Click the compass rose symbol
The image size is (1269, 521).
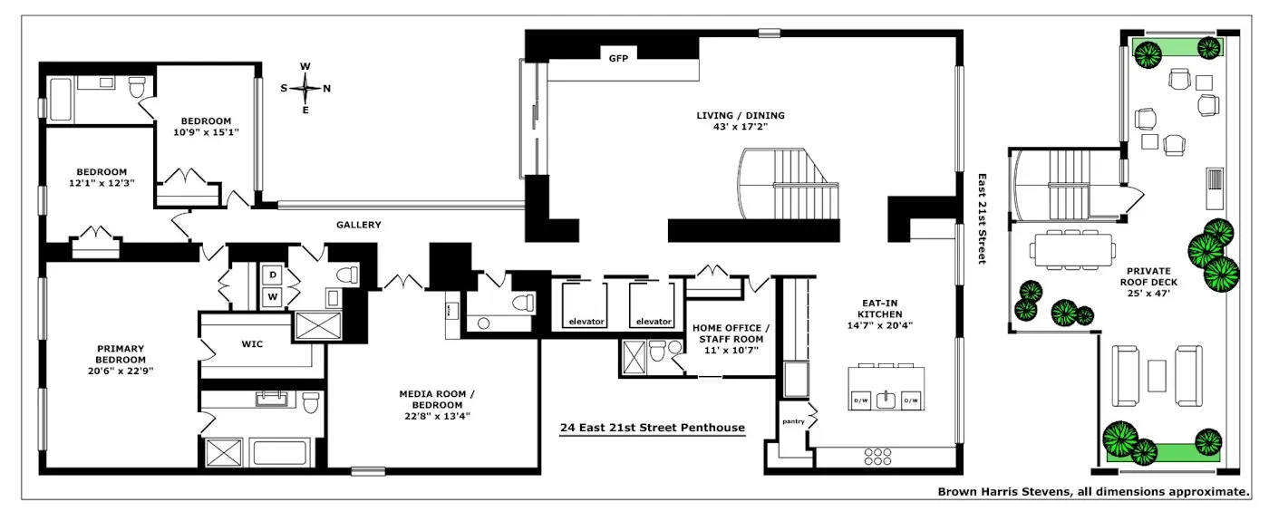pos(305,88)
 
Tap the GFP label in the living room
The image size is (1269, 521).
pos(619,57)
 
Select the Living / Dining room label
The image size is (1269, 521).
pos(740,121)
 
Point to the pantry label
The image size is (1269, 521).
pos(793,422)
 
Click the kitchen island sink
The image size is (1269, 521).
pos(886,400)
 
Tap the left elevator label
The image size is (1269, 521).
pos(586,322)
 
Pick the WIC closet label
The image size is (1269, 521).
pos(252,344)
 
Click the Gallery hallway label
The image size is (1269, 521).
pos(358,225)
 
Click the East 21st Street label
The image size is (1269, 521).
pos(981,219)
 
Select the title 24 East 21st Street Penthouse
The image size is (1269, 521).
pos(652,428)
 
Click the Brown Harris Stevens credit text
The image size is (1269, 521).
pos(1092,491)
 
